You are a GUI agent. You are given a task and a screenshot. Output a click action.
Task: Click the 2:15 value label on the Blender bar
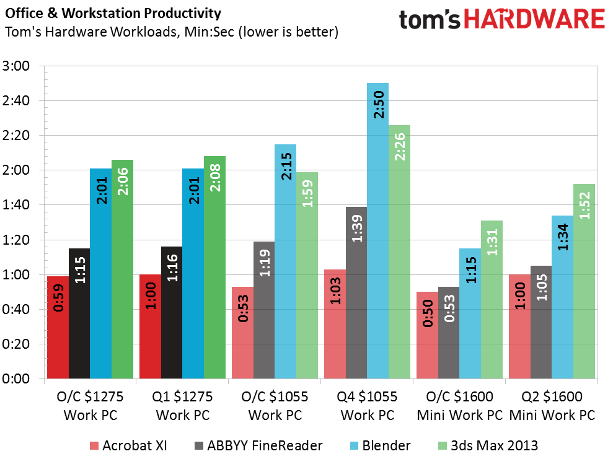click(x=286, y=166)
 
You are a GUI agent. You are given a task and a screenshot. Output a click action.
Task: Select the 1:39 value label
click(x=356, y=229)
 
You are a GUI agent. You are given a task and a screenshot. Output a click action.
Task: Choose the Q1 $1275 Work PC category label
click(x=183, y=406)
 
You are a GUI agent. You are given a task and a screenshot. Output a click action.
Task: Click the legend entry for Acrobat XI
click(x=127, y=445)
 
